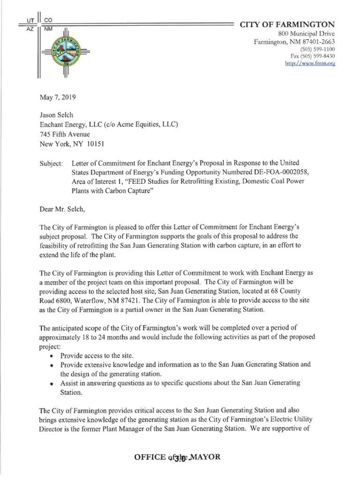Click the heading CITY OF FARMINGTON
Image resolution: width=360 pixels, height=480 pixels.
click(287, 24)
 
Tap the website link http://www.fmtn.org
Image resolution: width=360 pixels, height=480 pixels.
click(310, 64)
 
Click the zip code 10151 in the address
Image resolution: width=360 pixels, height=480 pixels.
click(85, 144)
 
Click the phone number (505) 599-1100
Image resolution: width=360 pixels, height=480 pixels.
click(317, 49)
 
